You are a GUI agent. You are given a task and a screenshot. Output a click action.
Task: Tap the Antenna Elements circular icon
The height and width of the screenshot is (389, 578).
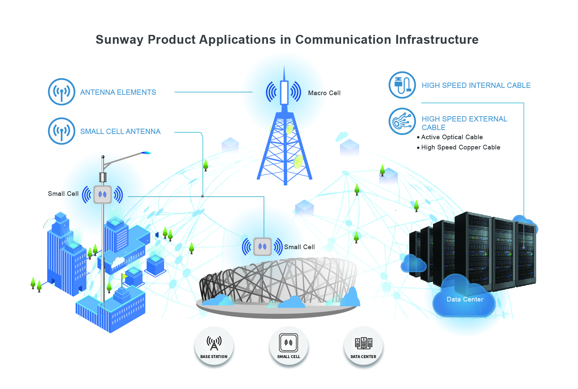click(62, 92)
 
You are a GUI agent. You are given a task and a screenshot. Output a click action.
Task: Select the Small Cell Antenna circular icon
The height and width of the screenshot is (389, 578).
click(62, 131)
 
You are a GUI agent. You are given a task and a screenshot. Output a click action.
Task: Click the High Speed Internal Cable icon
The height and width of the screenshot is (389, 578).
click(402, 85)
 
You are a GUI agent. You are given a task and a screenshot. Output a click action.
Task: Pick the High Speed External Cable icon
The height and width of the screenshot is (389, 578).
click(402, 121)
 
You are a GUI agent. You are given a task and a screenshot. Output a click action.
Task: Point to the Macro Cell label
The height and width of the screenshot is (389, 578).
click(324, 93)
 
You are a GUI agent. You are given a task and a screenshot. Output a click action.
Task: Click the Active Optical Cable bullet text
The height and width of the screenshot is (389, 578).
click(452, 137)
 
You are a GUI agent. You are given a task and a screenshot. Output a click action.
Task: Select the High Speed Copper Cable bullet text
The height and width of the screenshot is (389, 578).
click(460, 147)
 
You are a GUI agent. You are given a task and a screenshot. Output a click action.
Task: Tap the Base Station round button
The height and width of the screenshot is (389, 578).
click(214, 346)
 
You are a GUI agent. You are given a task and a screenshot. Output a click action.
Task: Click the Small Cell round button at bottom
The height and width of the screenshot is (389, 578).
click(289, 346)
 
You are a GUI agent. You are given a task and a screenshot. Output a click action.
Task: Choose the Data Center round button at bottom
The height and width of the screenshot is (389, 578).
click(363, 346)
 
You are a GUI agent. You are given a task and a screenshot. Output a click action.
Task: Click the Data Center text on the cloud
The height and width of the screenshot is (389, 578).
click(465, 299)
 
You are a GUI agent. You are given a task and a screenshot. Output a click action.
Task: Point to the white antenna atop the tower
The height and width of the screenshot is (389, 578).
click(284, 92)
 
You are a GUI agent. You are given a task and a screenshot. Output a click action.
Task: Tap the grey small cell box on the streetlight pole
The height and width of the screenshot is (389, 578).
click(102, 194)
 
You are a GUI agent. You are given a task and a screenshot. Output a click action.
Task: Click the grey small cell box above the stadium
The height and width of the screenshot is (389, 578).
click(263, 246)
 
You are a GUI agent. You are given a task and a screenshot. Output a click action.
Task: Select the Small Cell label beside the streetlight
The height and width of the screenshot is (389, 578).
click(63, 194)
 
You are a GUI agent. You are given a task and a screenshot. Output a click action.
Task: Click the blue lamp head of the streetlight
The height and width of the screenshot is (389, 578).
click(146, 153)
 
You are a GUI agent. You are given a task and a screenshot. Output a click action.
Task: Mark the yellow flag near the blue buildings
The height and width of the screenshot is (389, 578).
click(124, 276)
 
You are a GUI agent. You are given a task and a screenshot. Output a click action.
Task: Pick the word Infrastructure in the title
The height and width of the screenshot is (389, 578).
click(437, 40)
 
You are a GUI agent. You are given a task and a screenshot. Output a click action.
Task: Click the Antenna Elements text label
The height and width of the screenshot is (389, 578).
click(118, 92)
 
